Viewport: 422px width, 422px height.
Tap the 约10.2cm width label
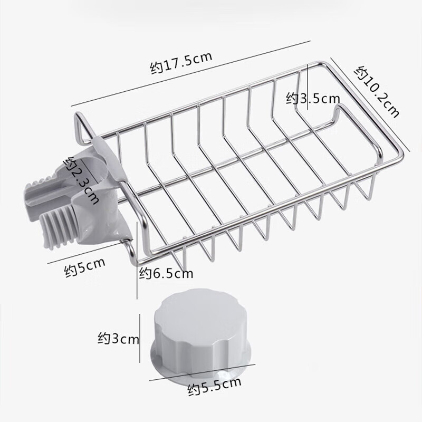coord(377,92)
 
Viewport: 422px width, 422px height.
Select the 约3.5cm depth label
coord(313,99)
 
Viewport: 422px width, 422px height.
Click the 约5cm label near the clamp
coord(84,267)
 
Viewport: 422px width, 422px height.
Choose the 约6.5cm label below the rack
coord(166,273)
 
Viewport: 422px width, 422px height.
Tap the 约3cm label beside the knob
coord(118,338)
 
